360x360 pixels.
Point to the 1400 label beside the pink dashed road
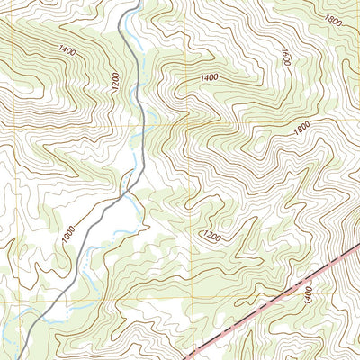pos(309,293)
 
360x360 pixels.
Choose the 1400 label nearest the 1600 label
pos(209,79)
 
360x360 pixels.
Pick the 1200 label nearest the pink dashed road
pos(211,237)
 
